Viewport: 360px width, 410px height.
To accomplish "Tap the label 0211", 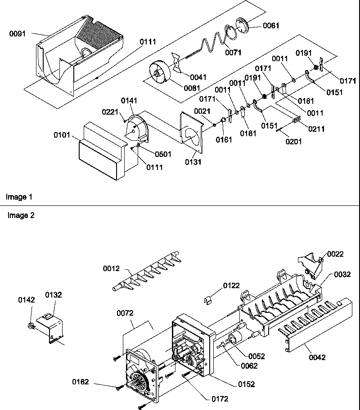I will click(x=316, y=129).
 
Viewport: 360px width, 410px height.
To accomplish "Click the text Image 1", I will click(x=19, y=197).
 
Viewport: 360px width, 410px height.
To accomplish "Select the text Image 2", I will click(x=21, y=215).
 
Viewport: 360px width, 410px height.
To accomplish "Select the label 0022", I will click(x=335, y=254).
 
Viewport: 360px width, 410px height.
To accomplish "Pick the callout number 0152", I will click(x=247, y=384).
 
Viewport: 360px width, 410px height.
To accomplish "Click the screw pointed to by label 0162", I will click(x=119, y=387).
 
